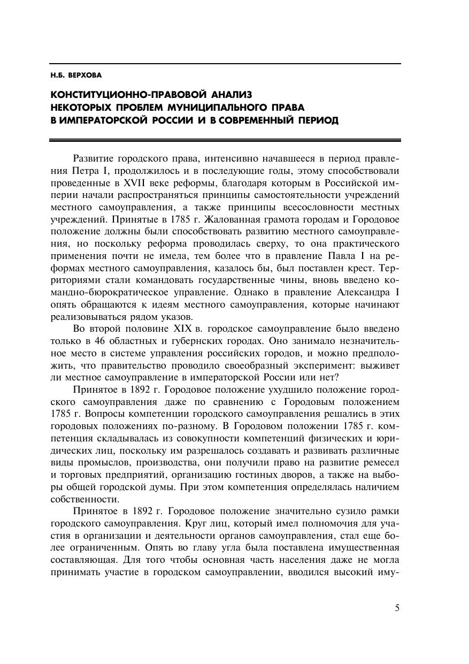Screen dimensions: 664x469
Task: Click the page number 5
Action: pos(397,608)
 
